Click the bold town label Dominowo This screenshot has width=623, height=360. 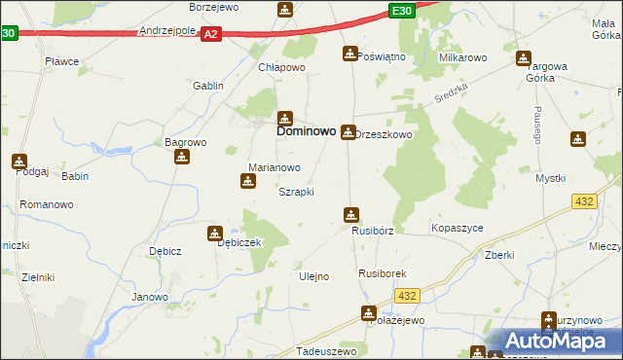click(307, 129)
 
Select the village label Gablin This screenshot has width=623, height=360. click(208, 86)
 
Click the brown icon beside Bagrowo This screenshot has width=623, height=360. click(182, 156)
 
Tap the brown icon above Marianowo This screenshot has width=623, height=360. click(248, 180)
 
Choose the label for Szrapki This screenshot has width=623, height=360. click(296, 192)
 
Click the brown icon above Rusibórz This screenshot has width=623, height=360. click(351, 215)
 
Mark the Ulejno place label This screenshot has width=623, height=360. click(313, 276)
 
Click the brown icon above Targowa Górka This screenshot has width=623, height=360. click(524, 58)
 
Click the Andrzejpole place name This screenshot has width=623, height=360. click(168, 31)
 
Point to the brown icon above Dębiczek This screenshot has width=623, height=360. click(214, 234)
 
